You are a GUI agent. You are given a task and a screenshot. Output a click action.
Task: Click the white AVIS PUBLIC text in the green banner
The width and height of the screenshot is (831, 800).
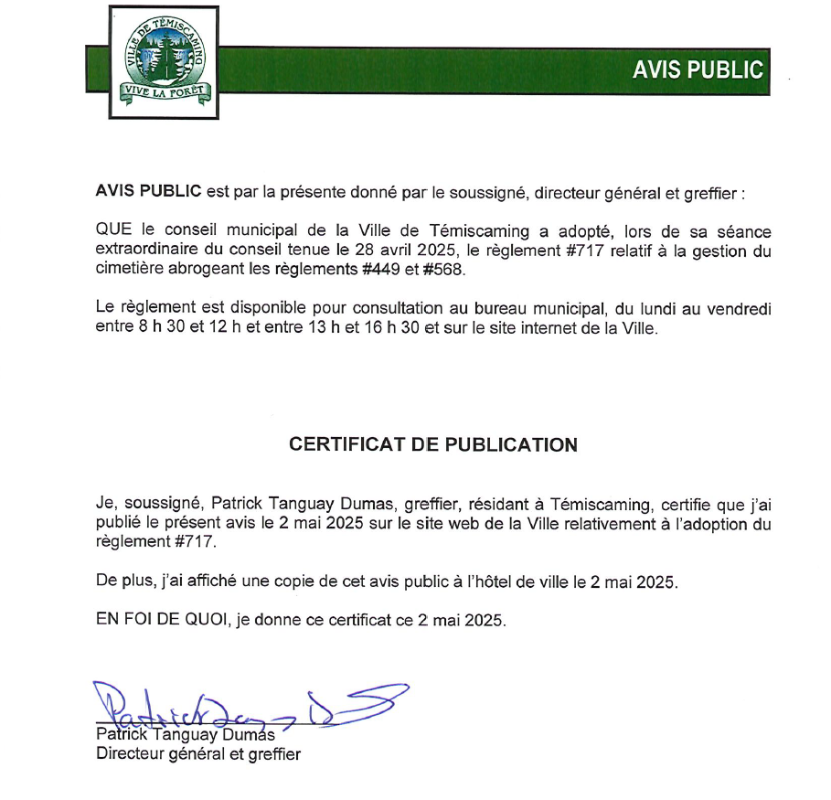pyautogui.click(x=698, y=70)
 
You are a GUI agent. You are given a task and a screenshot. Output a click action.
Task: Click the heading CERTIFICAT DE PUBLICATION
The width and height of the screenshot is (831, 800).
pyautogui.click(x=432, y=445)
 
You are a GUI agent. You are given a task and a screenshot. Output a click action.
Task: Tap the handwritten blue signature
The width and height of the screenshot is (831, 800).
pyautogui.click(x=247, y=704)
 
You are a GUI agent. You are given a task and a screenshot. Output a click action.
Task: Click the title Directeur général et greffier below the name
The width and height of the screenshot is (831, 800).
pyautogui.click(x=198, y=754)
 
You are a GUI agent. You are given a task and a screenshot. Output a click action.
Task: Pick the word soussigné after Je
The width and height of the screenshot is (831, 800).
pyautogui.click(x=158, y=505)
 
